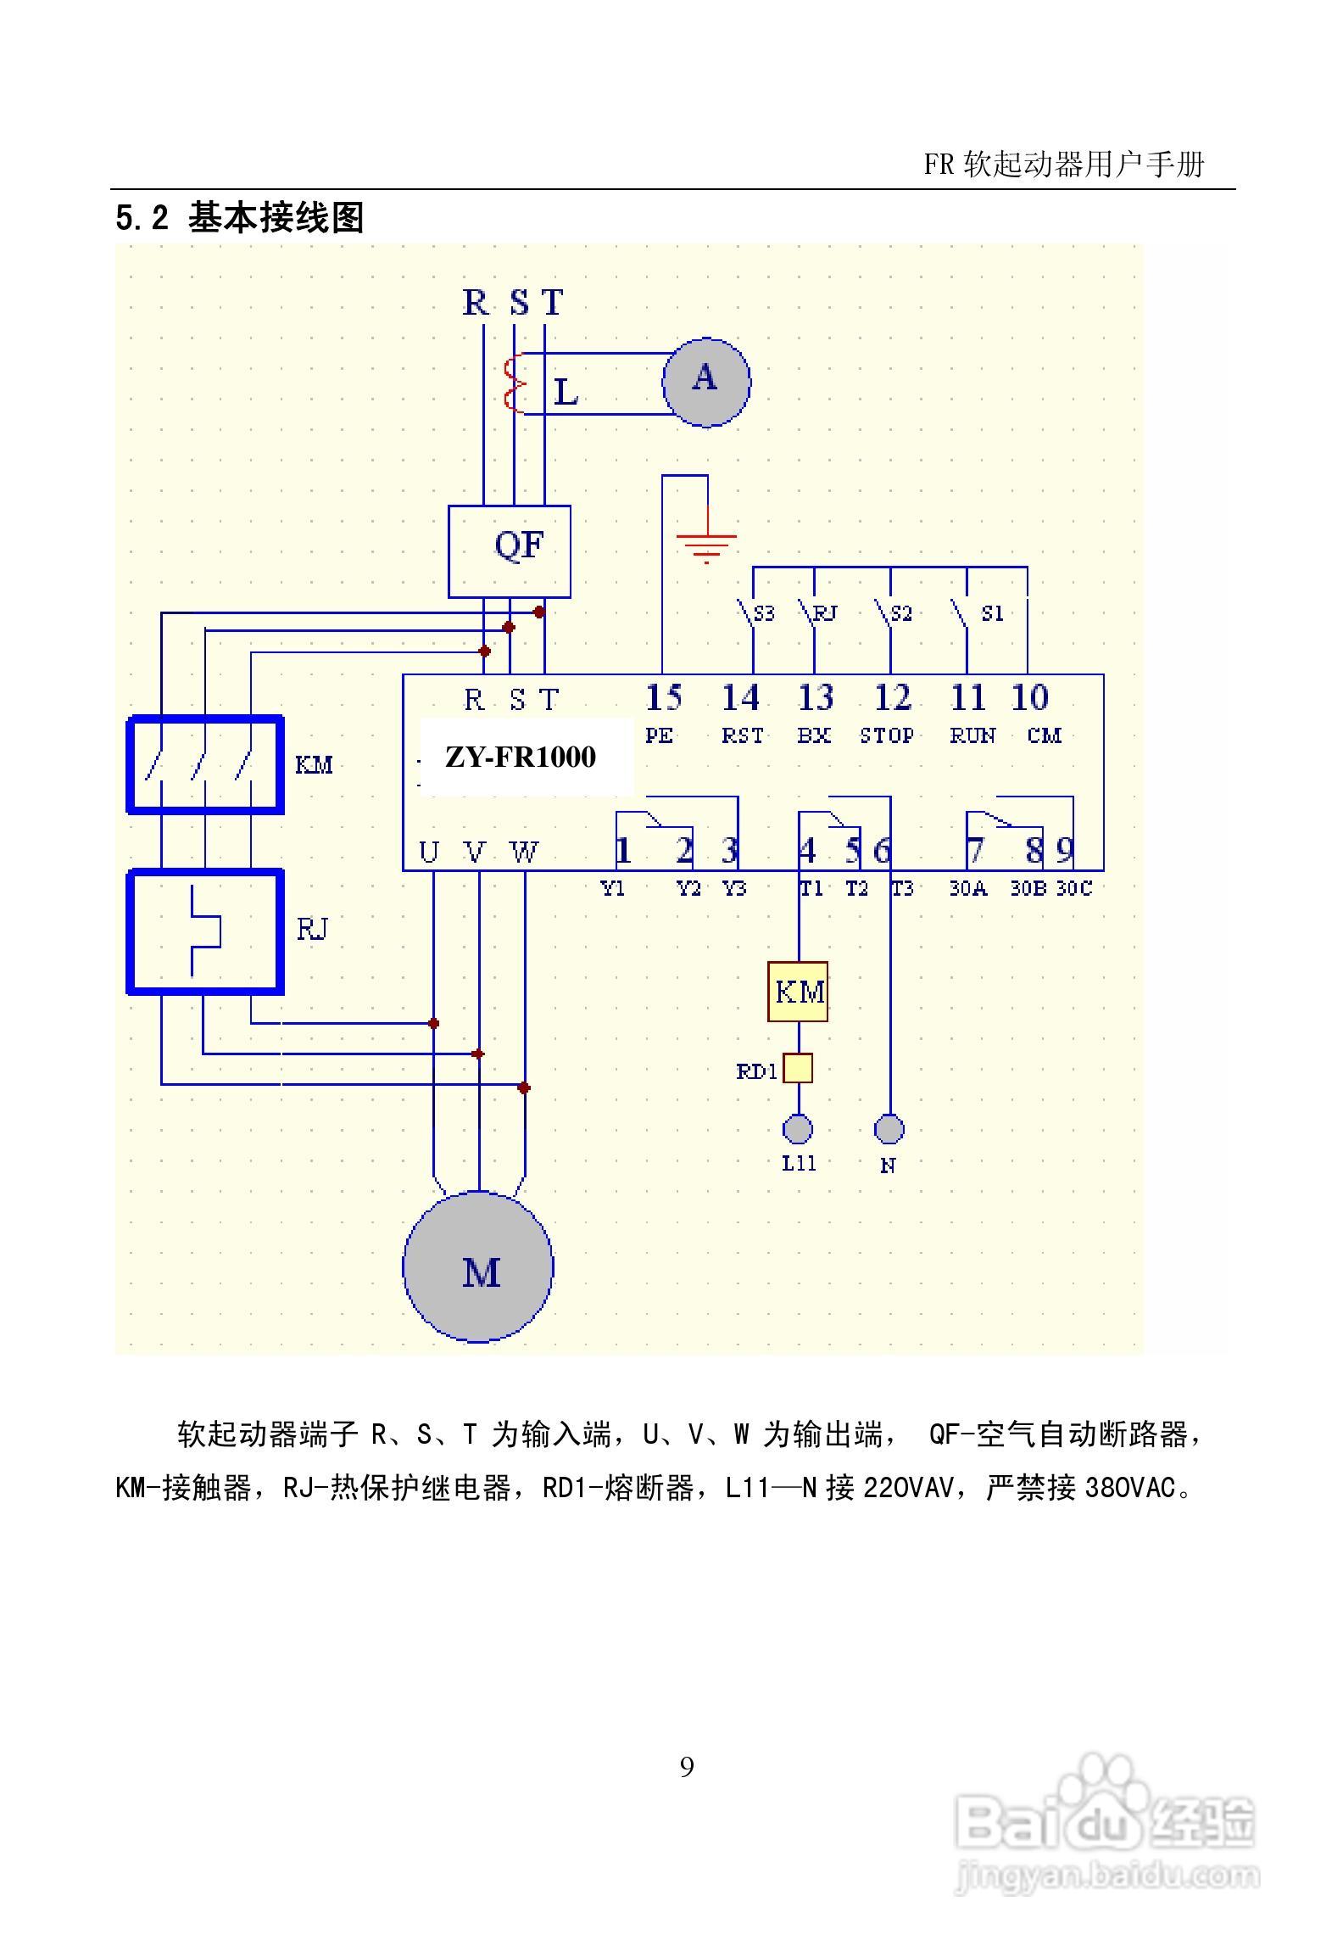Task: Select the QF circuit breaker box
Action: pos(510,551)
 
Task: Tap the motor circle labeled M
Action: pos(478,1266)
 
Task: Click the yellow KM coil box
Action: pos(798,992)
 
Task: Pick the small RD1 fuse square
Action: pos(797,1069)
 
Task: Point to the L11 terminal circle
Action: pos(797,1129)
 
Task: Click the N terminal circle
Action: pos(889,1129)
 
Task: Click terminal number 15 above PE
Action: pos(663,698)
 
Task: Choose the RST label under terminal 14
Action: pos(742,735)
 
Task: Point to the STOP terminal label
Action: pos(887,735)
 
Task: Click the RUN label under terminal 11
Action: pos(972,735)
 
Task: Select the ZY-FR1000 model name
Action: pos(521,757)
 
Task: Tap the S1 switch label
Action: pos(992,613)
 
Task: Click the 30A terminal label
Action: pos(967,888)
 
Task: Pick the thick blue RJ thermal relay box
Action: pos(205,931)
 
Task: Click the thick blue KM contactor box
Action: pos(205,764)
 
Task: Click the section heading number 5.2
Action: pos(142,219)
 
